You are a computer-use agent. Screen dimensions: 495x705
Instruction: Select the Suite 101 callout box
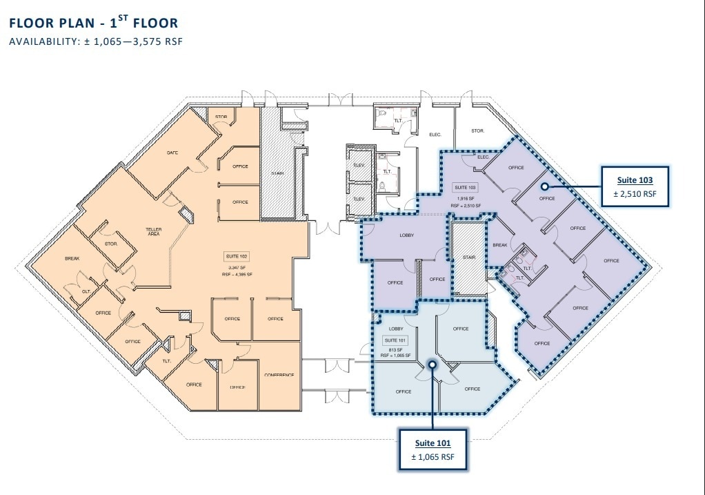[x=433, y=449]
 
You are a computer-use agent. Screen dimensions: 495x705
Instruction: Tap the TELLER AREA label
[x=153, y=231]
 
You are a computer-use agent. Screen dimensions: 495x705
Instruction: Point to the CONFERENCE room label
[x=279, y=375]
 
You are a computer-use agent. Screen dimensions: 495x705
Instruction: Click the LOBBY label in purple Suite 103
[x=407, y=235]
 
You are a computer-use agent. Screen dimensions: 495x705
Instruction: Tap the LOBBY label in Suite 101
[x=396, y=329]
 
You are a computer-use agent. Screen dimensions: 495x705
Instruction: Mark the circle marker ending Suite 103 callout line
[x=544, y=186]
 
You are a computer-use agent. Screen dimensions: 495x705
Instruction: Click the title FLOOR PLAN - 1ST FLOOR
[x=93, y=23]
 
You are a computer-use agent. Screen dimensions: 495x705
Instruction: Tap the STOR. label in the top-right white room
[x=477, y=130]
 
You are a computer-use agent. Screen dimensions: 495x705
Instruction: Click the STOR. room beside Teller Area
[x=111, y=244]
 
